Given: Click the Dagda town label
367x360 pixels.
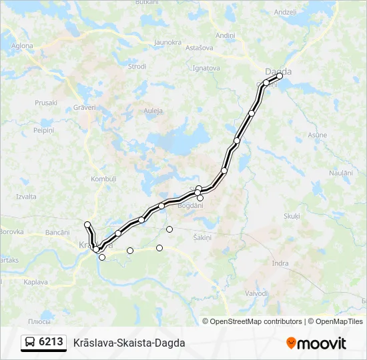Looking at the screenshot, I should pyautogui.click(x=278, y=71).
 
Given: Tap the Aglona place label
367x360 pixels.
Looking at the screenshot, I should pyautogui.click(x=22, y=46).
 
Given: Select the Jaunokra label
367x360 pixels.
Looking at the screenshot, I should pyautogui.click(x=167, y=42).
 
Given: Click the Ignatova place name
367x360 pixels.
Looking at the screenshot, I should pyautogui.click(x=206, y=68).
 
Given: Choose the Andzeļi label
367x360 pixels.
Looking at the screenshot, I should pyautogui.click(x=284, y=12).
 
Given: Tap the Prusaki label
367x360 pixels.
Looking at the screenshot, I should pyautogui.click(x=46, y=103).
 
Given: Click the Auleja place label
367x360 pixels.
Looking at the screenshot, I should pyautogui.click(x=153, y=110).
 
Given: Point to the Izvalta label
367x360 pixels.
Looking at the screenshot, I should pyautogui.click(x=26, y=197).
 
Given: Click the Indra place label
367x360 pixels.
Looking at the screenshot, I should pyautogui.click(x=280, y=263).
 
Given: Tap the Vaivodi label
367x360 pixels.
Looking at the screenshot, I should pyautogui.click(x=256, y=293).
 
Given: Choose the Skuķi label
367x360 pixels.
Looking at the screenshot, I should pyautogui.click(x=292, y=216).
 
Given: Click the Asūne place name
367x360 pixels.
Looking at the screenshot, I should pyautogui.click(x=318, y=135).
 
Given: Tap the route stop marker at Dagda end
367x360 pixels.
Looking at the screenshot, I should pyautogui.click(x=280, y=76).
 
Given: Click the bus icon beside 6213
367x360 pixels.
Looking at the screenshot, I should pyautogui.click(x=31, y=342).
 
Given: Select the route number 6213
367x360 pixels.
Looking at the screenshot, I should pyautogui.click(x=51, y=342).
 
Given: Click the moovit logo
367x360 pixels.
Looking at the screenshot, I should pyautogui.click(x=316, y=343).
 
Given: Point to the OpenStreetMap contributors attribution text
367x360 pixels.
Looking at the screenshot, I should pyautogui.click(x=256, y=321).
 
